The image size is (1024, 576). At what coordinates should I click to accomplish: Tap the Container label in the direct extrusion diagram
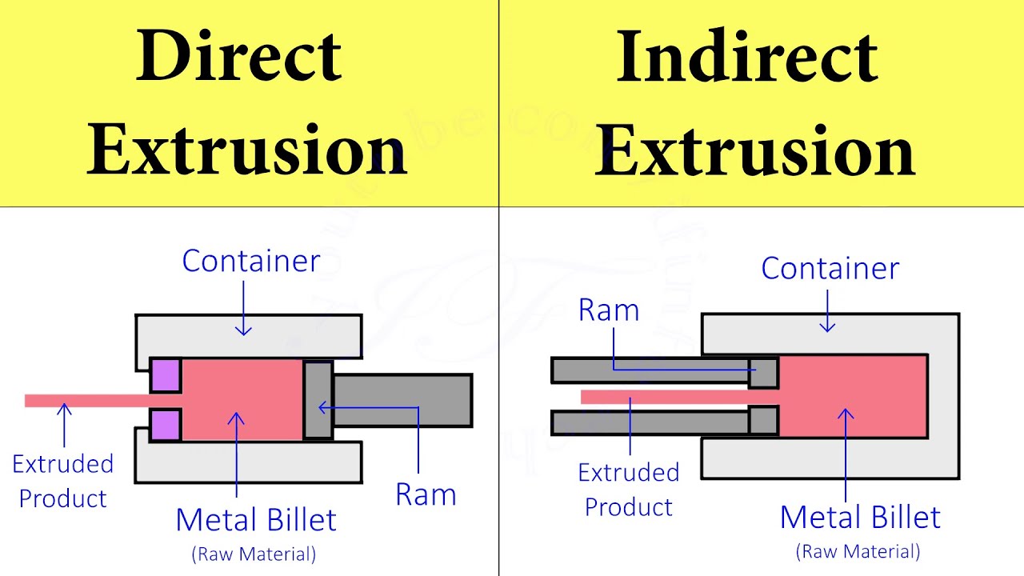coord(250,261)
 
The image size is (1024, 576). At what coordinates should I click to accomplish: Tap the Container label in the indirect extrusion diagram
coord(830,268)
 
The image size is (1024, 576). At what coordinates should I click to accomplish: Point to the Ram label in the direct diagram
coord(426,495)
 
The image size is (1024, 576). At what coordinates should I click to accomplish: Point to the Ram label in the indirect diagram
coord(609,310)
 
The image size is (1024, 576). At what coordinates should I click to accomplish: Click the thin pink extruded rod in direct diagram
coord(88,400)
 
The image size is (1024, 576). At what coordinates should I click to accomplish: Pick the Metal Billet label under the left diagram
coord(256,520)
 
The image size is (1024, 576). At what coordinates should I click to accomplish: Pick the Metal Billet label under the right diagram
coord(860,517)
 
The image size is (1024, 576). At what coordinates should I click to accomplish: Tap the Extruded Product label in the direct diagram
coord(62,481)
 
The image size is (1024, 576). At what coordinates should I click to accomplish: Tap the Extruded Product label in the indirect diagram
coord(629,489)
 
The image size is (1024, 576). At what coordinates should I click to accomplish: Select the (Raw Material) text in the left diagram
coord(254,553)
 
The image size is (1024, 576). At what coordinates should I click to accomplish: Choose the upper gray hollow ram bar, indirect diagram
coord(648,370)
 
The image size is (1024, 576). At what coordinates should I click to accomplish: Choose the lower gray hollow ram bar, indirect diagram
coord(648,422)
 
